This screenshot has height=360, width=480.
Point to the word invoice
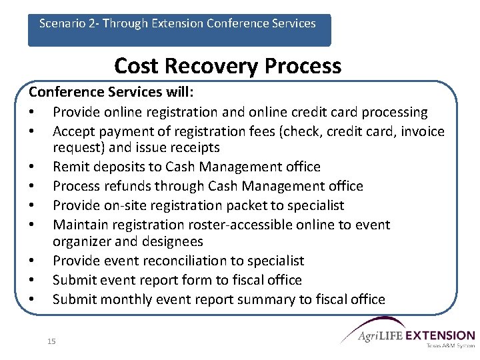coord(420,131)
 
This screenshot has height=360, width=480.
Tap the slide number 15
coord(52,341)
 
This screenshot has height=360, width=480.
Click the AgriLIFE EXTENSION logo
coord(408,337)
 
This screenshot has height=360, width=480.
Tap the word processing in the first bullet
coord(395,112)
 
